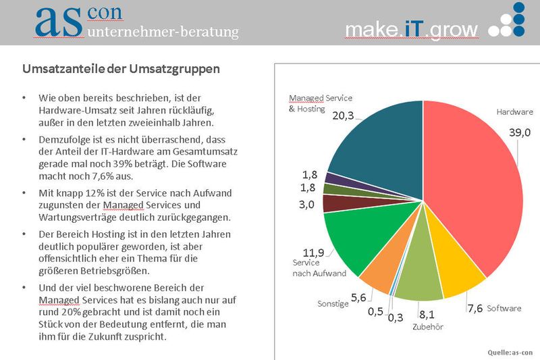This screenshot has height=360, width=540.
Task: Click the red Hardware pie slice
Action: tap(473, 196)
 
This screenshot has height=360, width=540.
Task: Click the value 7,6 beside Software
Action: tap(475, 308)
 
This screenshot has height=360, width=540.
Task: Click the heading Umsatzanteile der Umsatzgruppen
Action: tap(121, 69)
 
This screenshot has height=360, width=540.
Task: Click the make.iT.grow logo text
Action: tap(411, 29)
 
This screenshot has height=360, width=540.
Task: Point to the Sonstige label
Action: tap(333, 304)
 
